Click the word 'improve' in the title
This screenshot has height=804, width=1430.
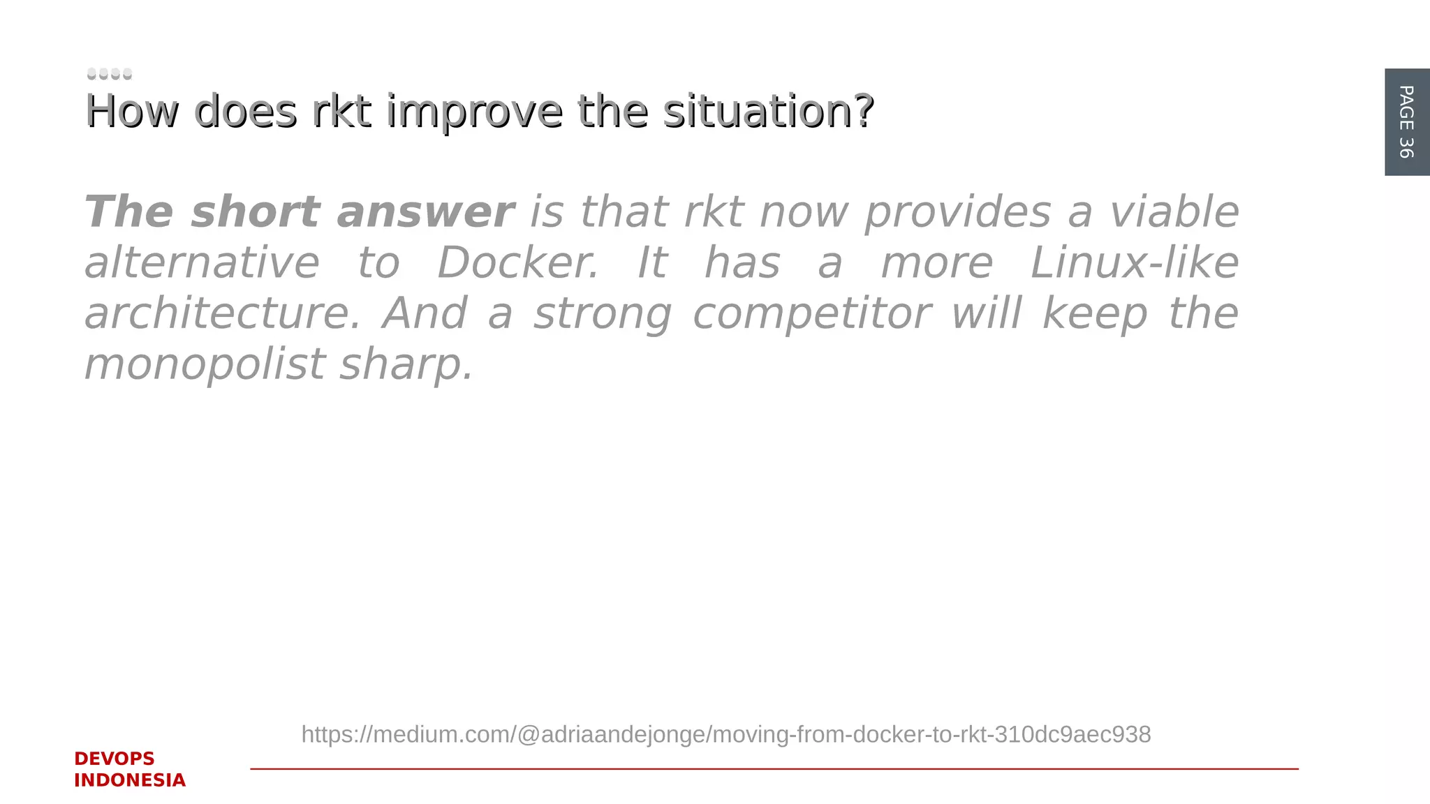pos(474,112)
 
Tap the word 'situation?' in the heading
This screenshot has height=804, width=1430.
pos(768,112)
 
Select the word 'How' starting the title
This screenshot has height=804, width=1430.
pos(131,112)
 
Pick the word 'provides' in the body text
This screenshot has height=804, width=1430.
pos(957,212)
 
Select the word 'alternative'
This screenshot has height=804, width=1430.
pos(202,263)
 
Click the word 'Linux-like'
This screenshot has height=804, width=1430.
pos(1135,263)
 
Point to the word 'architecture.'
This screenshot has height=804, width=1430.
pos(223,313)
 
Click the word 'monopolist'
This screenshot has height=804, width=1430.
pos(205,364)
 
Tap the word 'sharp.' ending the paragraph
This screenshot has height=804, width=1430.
pos(406,364)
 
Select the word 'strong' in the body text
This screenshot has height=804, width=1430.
pos(603,313)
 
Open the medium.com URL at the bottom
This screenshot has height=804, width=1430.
pos(725,734)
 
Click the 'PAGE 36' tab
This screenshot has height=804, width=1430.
pos(1406,121)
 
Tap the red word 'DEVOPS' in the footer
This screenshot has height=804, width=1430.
pos(115,759)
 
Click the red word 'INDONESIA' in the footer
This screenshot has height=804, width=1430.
pos(130,780)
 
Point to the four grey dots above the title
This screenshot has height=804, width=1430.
pos(110,73)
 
